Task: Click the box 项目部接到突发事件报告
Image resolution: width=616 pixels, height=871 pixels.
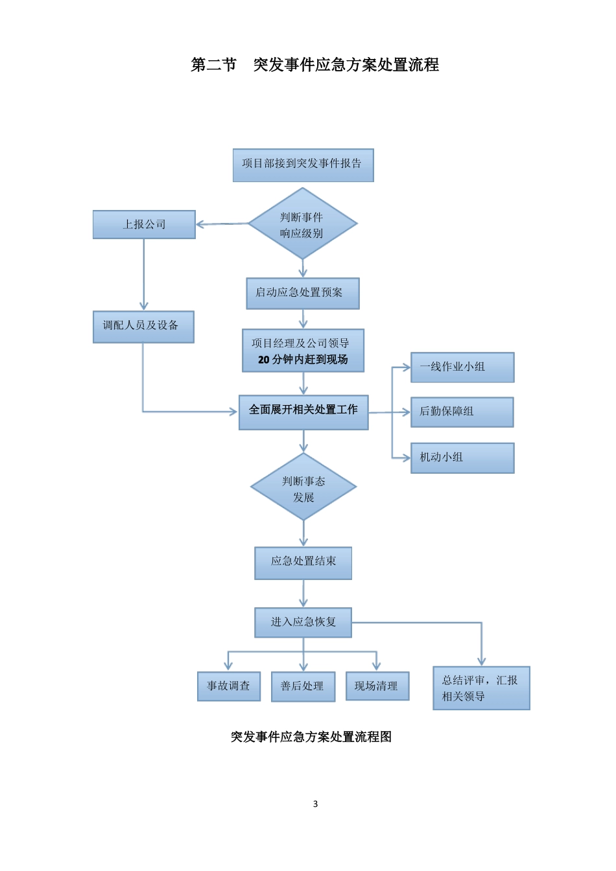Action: tap(303, 165)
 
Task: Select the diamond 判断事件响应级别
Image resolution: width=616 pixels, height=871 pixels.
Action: tap(302, 224)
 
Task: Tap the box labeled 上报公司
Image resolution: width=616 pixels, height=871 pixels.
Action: tap(144, 224)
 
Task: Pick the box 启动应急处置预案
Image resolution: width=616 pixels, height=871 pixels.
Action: tap(302, 293)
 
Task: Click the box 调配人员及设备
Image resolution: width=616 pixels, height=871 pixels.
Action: tap(143, 326)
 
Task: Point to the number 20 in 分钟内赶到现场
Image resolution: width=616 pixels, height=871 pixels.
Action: tap(264, 360)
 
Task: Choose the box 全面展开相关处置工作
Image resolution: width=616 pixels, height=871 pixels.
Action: tap(303, 412)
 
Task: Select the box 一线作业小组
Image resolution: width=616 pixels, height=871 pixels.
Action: tap(462, 367)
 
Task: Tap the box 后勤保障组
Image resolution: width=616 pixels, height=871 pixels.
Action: tap(462, 412)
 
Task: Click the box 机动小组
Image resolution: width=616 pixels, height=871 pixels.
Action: tap(462, 458)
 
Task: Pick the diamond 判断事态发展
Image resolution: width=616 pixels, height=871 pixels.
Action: tap(303, 487)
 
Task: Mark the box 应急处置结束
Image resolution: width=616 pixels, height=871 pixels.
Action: tap(303, 563)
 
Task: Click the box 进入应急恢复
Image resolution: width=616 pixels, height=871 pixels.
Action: tap(303, 623)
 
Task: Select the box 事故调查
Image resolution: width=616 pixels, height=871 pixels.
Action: tap(228, 686)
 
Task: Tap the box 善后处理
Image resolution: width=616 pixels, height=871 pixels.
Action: tap(303, 686)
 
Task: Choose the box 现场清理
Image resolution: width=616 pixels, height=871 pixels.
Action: tap(377, 686)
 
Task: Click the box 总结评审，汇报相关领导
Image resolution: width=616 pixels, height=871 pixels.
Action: tap(481, 688)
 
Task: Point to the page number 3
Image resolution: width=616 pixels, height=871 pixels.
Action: tap(316, 804)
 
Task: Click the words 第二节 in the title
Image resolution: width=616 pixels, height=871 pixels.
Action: tap(214, 65)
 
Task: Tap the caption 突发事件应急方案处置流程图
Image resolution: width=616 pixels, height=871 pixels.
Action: tap(311, 737)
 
